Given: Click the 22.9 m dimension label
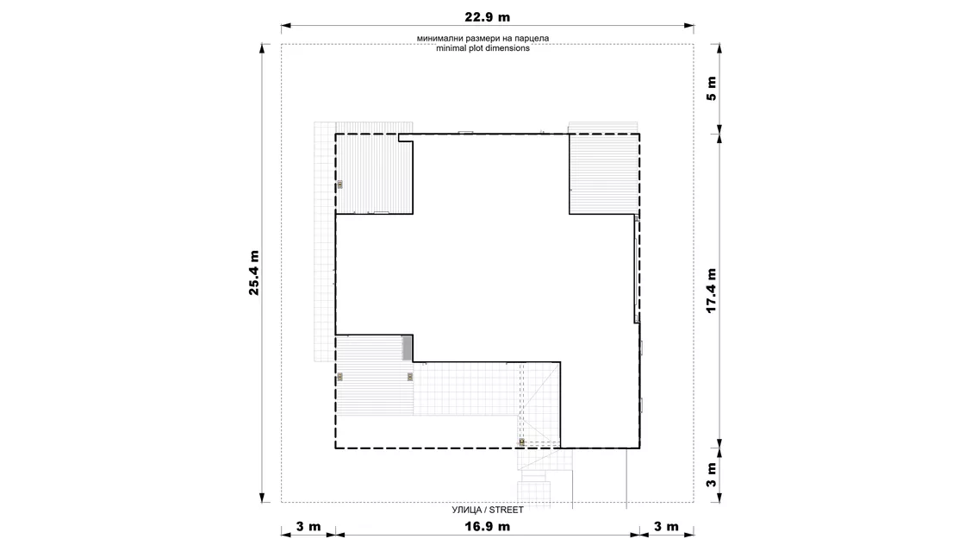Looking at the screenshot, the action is [x=487, y=17].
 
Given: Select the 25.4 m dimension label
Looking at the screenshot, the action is [x=253, y=272].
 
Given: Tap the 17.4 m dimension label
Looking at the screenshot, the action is [x=712, y=291].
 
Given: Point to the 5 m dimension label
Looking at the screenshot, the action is [x=712, y=89].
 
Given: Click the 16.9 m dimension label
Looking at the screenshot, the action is [x=487, y=527].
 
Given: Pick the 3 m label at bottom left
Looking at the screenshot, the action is [x=308, y=527].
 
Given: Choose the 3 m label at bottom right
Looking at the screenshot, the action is [x=666, y=527].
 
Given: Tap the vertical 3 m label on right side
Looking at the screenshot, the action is [x=712, y=475].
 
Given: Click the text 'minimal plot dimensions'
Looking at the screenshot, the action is [x=482, y=48].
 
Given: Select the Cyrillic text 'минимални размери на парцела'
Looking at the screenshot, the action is [x=482, y=38].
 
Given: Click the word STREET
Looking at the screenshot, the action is [x=507, y=510].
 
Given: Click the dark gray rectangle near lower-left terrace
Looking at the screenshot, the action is [x=407, y=348].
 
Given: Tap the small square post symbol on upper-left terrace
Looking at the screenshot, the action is [x=339, y=185].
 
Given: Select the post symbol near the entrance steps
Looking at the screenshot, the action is [x=522, y=442].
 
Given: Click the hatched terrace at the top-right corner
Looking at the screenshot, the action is [x=603, y=173].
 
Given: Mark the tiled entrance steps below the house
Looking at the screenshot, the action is [x=533, y=486].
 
